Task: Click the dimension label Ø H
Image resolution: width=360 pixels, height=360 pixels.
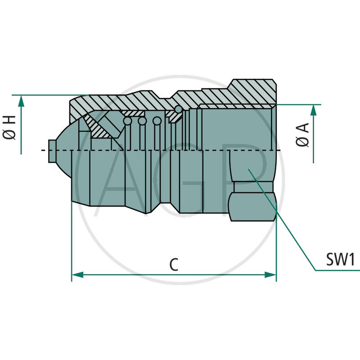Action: [x=10, y=127]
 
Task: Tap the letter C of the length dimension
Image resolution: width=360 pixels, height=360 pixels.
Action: [x=174, y=265]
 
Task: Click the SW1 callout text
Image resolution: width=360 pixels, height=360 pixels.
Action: [x=341, y=260]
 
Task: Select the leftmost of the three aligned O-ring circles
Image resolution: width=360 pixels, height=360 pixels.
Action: [x=128, y=121]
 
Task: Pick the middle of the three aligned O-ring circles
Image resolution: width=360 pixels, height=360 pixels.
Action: [x=142, y=121]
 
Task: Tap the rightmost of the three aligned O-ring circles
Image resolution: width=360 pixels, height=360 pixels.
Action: [x=157, y=121]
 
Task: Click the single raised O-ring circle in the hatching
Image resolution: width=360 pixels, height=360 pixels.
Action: [x=179, y=109]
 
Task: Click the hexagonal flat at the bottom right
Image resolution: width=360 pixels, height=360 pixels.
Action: [x=252, y=207]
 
